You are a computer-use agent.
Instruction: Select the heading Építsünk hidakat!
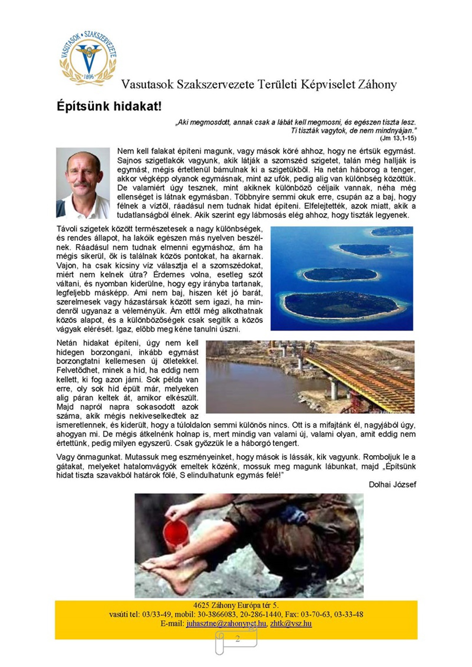(109, 106)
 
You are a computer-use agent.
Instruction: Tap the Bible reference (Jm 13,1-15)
(398, 138)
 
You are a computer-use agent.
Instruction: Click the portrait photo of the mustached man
(83, 183)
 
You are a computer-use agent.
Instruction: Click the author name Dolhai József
(392, 485)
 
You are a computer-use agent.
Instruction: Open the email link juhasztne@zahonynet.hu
(226, 623)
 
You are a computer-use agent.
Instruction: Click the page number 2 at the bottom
(238, 639)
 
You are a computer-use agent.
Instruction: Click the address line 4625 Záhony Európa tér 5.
(236, 605)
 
